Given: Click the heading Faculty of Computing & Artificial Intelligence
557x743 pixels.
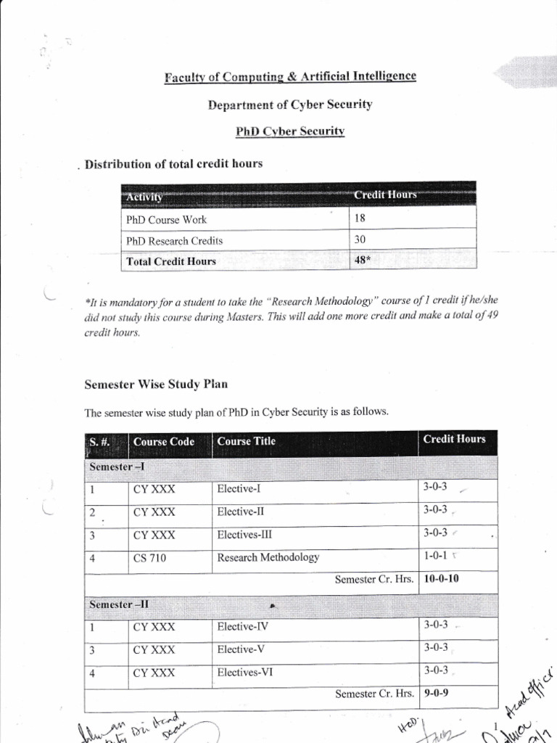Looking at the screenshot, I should coord(289,76).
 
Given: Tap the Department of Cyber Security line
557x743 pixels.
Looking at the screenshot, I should coord(289,104).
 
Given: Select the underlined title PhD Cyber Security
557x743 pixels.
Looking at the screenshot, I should coord(289,131).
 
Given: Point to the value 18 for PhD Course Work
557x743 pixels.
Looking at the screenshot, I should coord(360,219).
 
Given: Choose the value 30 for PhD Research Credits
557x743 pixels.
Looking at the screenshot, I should coord(361,240).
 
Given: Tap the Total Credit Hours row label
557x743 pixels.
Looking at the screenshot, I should coord(171,261).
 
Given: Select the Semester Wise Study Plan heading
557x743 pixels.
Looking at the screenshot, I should coord(157,384).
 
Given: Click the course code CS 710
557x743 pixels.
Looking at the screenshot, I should coord(149,558).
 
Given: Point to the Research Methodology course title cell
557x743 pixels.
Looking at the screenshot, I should coord(268,558).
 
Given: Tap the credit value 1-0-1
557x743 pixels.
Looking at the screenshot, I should coord(435,557).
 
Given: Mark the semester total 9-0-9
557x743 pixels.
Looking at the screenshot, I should coord(437,693).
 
